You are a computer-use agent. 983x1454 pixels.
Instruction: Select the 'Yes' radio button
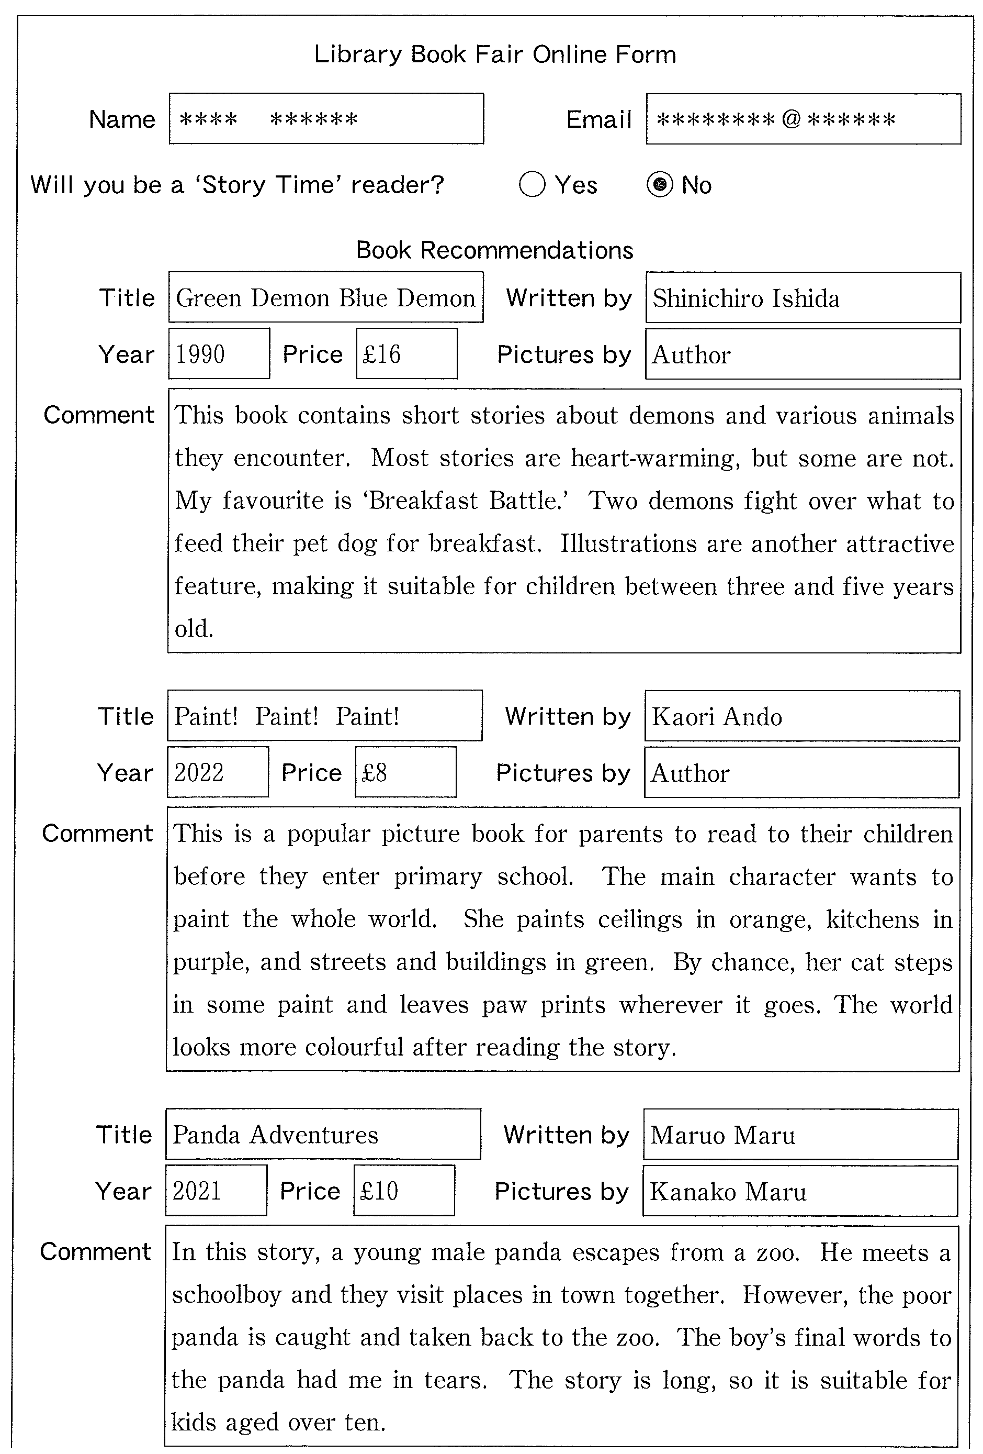pos(532,185)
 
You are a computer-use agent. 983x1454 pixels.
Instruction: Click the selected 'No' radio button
pos(659,185)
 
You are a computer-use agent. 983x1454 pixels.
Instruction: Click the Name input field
pos(326,119)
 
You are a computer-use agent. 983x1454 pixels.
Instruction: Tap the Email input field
pos(803,119)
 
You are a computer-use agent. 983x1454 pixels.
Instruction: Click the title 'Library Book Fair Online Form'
pos(494,55)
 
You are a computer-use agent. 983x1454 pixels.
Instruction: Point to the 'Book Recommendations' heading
pos(494,250)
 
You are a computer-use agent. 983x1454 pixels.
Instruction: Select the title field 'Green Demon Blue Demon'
pos(326,298)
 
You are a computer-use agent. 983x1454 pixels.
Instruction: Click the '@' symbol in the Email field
pos(790,119)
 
